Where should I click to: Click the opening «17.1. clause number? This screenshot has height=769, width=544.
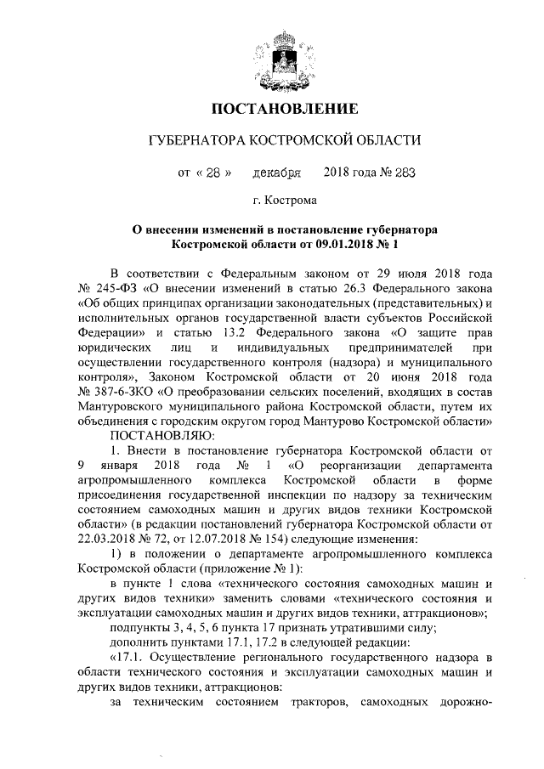click(x=132, y=658)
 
